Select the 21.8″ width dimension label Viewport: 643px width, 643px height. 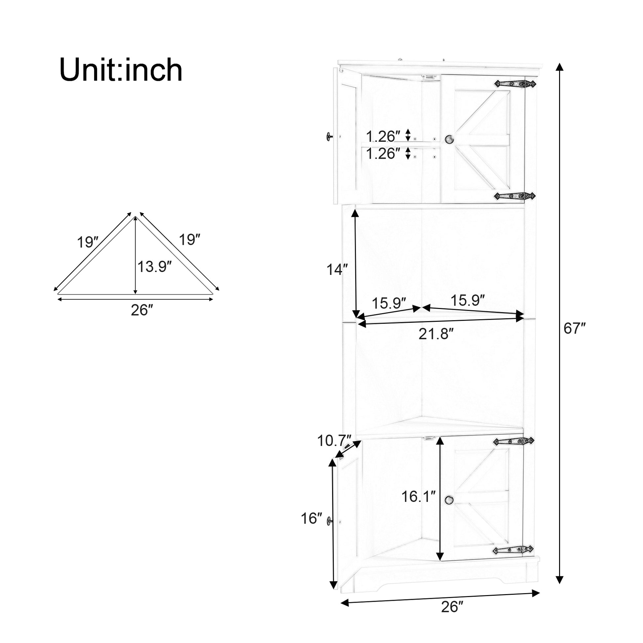436,334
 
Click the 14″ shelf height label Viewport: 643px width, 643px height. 337,270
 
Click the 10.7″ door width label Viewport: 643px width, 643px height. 334,441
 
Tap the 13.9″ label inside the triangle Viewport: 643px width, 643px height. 154,267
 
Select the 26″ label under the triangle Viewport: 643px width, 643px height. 141,310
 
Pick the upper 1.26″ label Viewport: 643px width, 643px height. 383,136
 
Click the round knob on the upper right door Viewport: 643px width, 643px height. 449,139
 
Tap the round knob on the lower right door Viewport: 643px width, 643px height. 449,509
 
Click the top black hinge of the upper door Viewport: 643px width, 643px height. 514,84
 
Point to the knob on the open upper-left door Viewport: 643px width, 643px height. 329,136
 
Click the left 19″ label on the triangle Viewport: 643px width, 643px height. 88,242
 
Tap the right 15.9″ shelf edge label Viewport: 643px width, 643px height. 467,301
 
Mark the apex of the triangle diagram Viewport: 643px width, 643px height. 135,217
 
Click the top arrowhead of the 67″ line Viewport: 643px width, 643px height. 560,66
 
